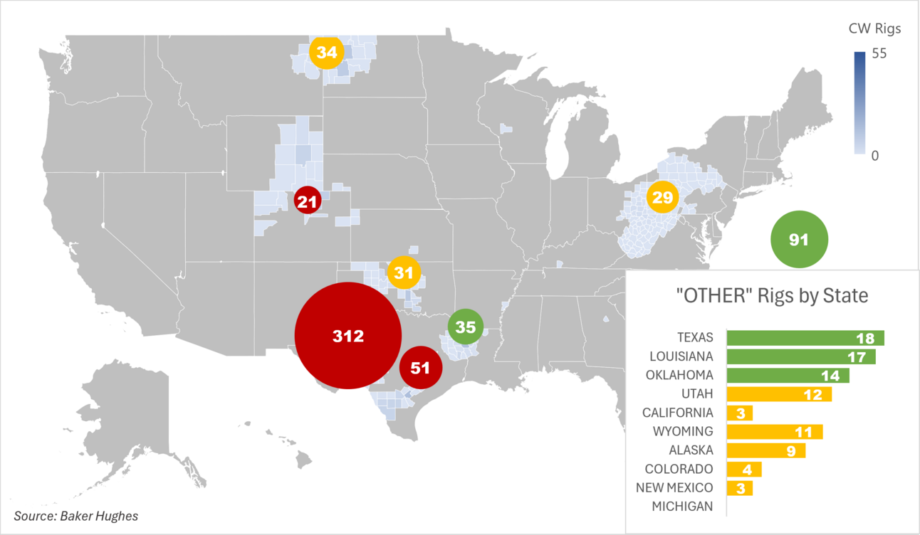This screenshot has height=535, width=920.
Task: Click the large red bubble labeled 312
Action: [347, 336]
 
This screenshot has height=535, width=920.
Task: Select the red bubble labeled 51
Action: [421, 368]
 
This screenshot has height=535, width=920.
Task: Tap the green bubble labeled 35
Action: [465, 327]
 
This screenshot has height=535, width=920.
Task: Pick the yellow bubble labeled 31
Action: [404, 272]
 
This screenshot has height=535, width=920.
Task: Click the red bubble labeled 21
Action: [308, 202]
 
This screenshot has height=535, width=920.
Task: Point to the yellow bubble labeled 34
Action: [327, 53]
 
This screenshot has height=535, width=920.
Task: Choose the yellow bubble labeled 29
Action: [663, 198]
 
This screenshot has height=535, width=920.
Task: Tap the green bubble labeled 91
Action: [799, 240]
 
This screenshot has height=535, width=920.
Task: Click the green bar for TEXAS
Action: [805, 338]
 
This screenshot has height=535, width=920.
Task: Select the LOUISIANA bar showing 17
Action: [800, 356]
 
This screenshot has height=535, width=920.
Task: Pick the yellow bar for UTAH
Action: [778, 394]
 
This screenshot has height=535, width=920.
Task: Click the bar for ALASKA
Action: [765, 450]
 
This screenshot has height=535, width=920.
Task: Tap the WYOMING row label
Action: [682, 431]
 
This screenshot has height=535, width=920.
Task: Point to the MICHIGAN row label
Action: [682, 507]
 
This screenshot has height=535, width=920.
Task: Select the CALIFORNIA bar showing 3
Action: [739, 413]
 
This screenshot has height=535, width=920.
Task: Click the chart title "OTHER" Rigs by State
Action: [771, 295]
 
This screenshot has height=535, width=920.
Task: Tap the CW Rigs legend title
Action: [874, 29]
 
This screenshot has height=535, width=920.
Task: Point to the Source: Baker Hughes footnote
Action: [76, 516]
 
